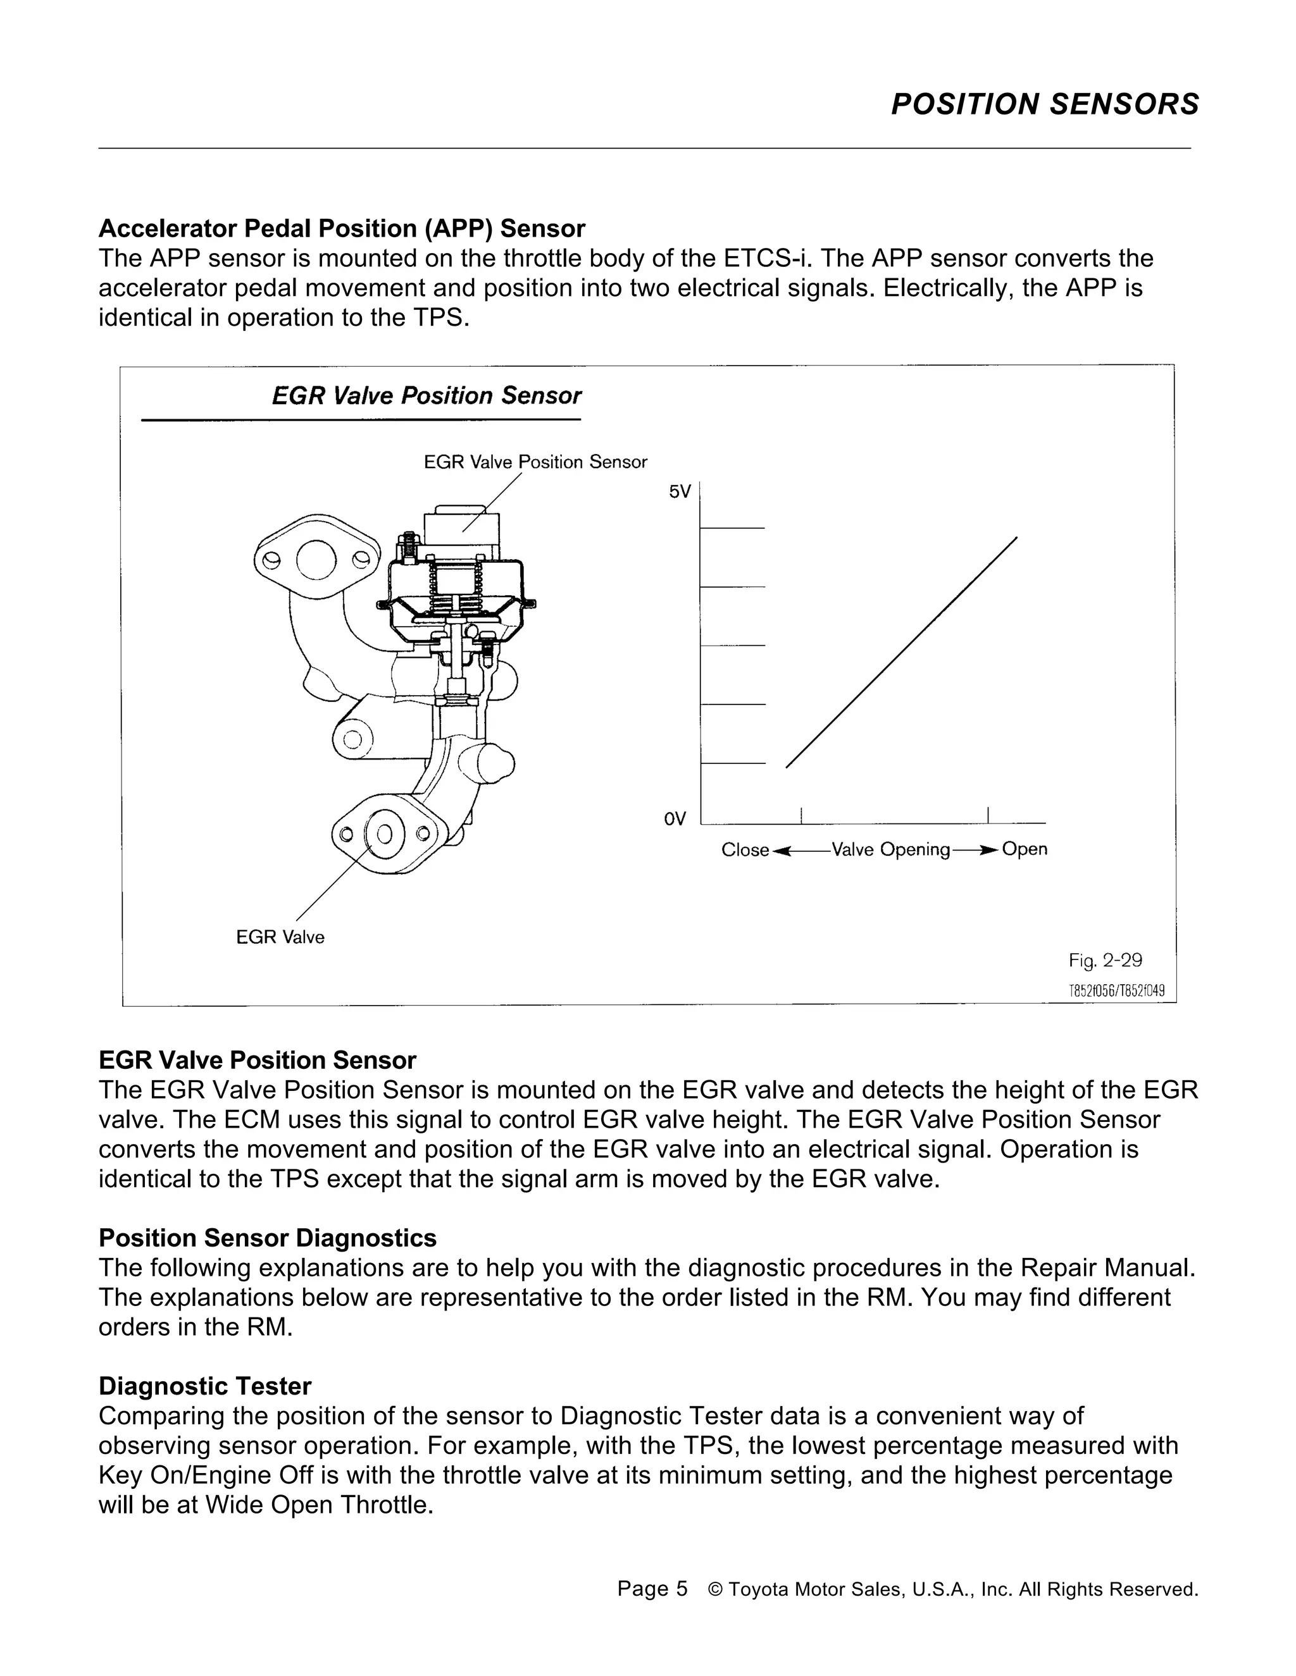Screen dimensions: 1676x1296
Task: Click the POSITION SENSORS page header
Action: [x=1044, y=104]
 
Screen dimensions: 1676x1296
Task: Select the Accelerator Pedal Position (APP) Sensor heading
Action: [x=342, y=229]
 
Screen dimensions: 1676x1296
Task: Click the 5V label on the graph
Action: [x=680, y=492]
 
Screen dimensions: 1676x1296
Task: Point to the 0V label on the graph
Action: [x=674, y=820]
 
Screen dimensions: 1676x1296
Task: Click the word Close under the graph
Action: [x=745, y=850]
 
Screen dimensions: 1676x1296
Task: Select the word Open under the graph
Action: [x=1025, y=849]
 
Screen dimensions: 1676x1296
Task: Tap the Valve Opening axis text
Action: [x=890, y=849]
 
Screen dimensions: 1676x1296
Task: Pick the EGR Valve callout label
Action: [x=280, y=937]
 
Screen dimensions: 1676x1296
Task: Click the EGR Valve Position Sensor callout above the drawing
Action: [x=535, y=462]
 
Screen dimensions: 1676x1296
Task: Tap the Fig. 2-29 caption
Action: [x=1105, y=961]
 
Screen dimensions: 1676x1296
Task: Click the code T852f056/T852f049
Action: [x=1116, y=990]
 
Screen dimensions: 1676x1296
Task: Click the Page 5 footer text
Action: [x=652, y=1589]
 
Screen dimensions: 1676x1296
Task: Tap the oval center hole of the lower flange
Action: [x=385, y=834]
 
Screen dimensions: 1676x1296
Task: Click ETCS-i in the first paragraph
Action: [x=757, y=259]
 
